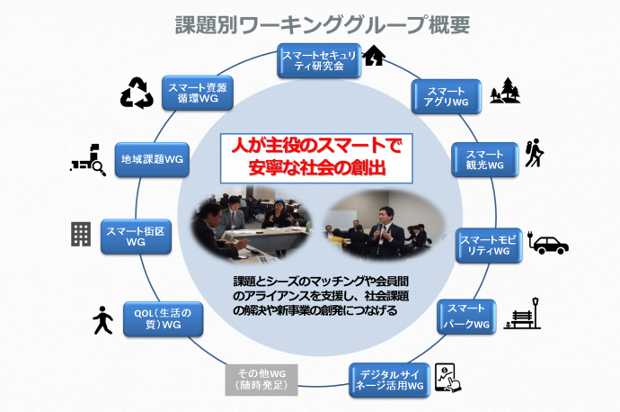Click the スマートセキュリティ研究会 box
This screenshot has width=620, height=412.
coord(319,60)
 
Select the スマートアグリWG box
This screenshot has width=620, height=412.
coord(447,96)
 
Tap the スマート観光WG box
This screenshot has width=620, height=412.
coord(485,159)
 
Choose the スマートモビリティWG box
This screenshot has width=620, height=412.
coord(489,246)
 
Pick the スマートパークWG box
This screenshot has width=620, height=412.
coord(466,317)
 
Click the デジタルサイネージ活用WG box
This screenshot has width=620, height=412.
coord(389,380)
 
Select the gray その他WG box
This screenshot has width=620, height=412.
coord(261,380)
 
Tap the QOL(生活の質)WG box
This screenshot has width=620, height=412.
coord(163,319)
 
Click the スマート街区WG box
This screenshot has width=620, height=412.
coord(136,237)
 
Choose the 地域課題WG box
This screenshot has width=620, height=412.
coord(152,159)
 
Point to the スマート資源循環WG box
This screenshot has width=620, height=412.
coord(198,93)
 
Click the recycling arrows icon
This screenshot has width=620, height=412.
coord(137,93)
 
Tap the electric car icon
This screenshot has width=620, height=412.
coord(548,242)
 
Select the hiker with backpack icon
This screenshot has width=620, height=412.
coord(535,153)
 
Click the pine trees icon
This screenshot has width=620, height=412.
coord(505,91)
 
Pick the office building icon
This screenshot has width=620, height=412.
coord(81,234)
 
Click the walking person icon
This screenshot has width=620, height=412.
coord(102,319)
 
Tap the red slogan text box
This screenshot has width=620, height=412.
coord(316,158)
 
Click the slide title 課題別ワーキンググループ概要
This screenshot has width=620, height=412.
coord(323,24)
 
